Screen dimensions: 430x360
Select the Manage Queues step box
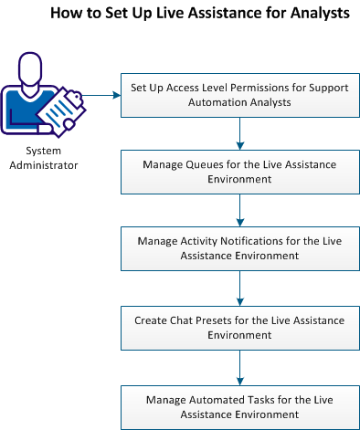[x=238, y=171]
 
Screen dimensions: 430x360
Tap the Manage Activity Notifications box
[x=238, y=249]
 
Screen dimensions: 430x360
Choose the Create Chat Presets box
[x=238, y=328]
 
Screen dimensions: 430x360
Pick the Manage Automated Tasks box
[x=238, y=406]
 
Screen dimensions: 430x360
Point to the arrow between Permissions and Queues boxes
[x=238, y=131]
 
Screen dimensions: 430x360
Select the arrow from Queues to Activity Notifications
[x=238, y=210]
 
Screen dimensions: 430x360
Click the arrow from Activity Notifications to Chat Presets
[x=238, y=288]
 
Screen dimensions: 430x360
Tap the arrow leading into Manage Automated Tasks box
[x=238, y=367]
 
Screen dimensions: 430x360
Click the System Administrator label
[x=50, y=158]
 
